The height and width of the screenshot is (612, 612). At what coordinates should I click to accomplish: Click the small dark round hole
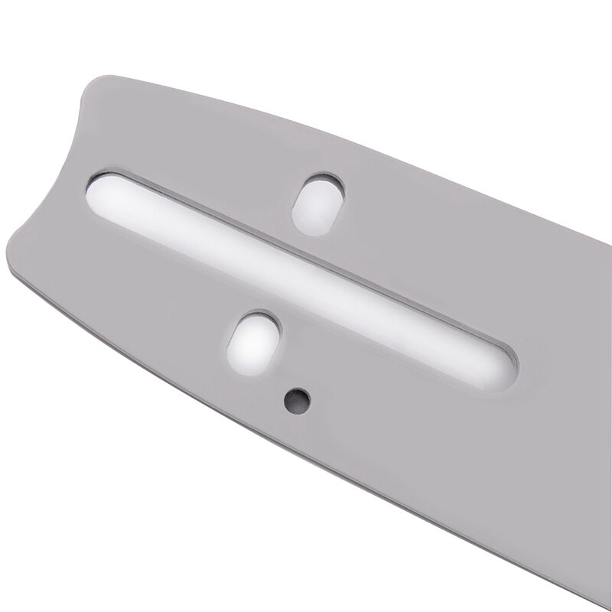pos(295,396)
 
